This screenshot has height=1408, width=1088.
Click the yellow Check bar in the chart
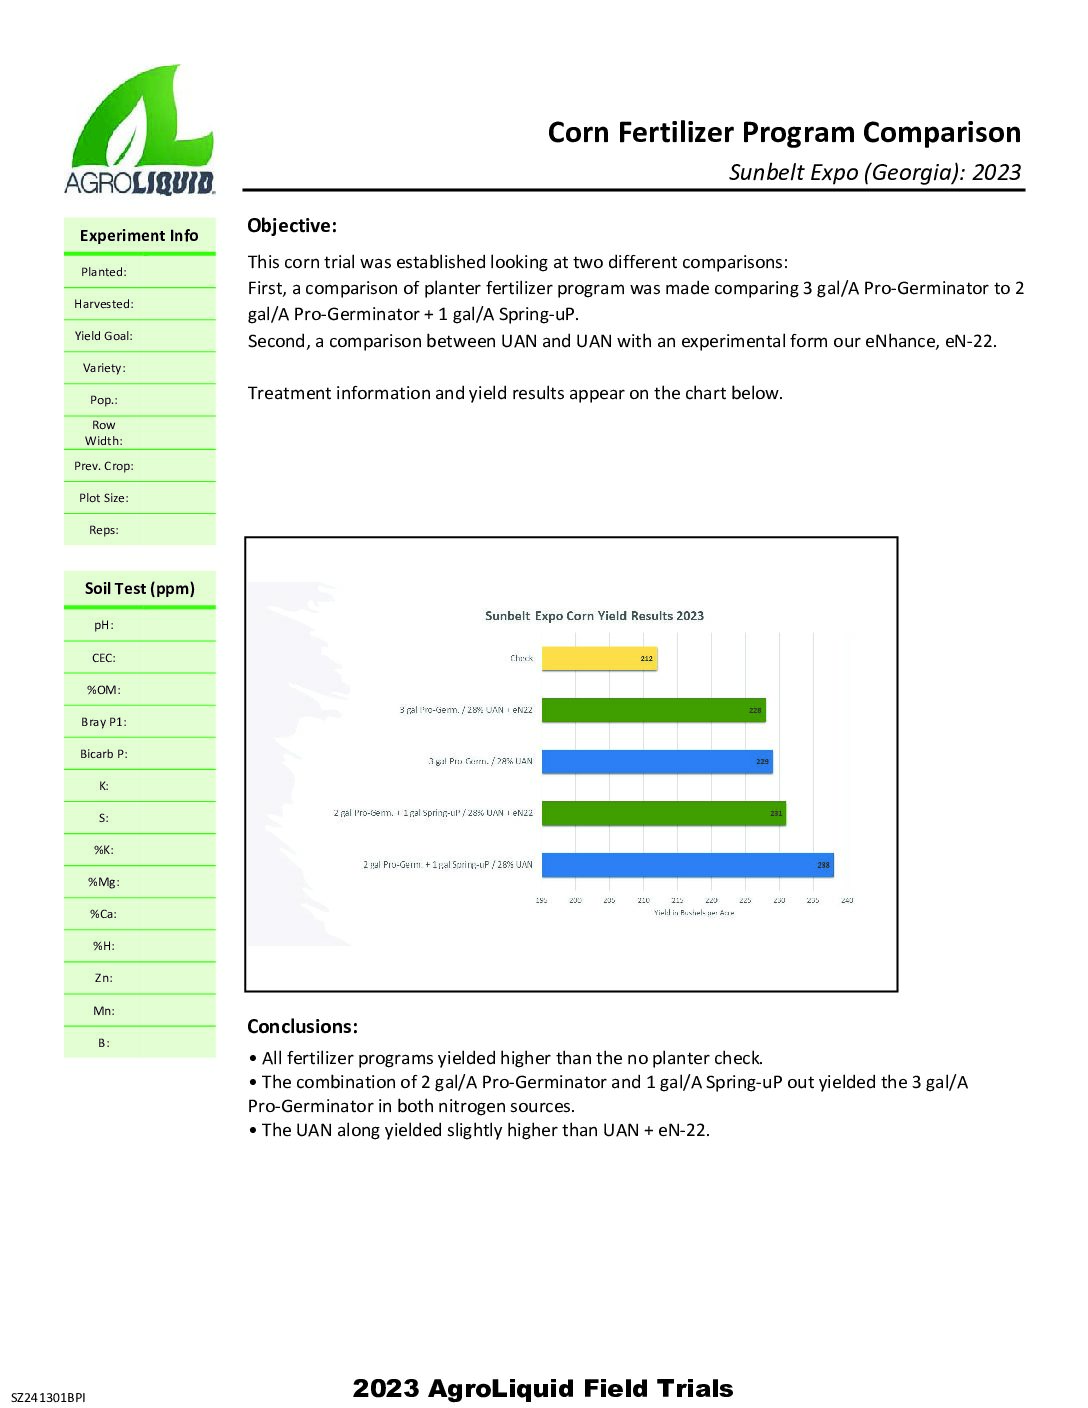(599, 658)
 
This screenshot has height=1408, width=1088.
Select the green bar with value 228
(653, 710)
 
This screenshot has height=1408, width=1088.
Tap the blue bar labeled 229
(657, 761)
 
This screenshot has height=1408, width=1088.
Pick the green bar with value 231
(663, 813)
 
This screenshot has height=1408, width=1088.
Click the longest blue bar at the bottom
(687, 865)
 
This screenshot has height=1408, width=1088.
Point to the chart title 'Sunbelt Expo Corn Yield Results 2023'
(594, 616)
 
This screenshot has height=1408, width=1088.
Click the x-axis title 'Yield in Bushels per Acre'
(694, 913)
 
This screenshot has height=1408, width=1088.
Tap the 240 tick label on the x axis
(847, 900)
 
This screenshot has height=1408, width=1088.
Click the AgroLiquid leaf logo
(140, 130)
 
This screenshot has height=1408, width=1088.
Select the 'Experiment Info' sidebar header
(139, 236)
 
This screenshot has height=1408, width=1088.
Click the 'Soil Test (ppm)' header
(140, 589)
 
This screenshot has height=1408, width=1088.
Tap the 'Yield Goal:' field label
(103, 336)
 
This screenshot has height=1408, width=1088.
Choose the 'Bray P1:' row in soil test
(104, 722)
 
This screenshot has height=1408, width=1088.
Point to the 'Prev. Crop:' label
(104, 466)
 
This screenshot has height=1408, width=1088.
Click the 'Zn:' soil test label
(104, 978)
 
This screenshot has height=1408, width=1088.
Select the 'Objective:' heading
(292, 226)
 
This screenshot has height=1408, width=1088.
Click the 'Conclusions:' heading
(302, 1027)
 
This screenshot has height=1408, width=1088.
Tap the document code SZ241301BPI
(48, 1397)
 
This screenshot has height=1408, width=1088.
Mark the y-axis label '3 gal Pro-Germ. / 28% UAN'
(481, 761)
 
